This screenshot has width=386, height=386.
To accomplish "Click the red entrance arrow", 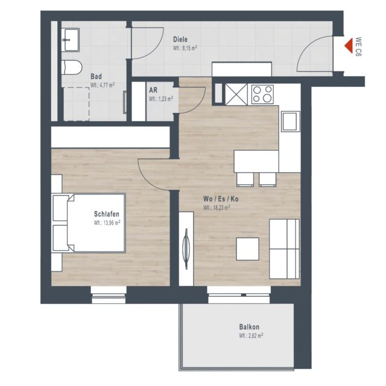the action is tap(349, 46).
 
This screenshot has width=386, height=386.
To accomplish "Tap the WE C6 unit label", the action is tap(358, 47).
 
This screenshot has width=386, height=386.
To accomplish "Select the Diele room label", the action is tap(180, 39).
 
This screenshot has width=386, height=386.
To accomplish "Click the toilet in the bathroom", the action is tap(71, 67).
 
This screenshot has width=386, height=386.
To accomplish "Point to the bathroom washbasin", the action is tap(71, 40).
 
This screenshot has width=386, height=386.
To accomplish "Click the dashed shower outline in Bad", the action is tap(77, 104).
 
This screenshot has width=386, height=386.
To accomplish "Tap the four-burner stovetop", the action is tap(262, 95).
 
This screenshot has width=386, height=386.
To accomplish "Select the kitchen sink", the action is tap(291, 121).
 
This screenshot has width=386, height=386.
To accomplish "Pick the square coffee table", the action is tap(247, 248).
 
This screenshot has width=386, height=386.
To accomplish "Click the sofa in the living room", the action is tap(284, 249).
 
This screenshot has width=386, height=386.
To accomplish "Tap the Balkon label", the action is tap(249, 327).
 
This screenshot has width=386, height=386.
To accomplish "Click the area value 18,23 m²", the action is tap(217, 207).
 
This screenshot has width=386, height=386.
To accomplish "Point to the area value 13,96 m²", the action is tap(107, 223).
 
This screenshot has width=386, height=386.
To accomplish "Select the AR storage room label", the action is tap(153, 90).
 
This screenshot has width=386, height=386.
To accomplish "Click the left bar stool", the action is tap(245, 179).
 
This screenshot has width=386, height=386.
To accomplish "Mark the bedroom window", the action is tap(109, 295).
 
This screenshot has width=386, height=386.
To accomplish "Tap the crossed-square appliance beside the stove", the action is tap(236, 95).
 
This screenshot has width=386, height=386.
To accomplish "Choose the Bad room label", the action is tap(96, 77).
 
